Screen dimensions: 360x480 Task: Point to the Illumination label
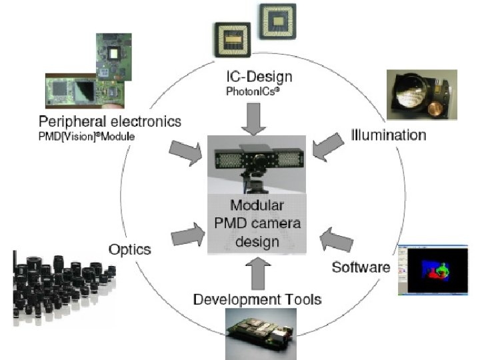point(389,135)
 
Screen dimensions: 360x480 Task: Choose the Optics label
point(129,250)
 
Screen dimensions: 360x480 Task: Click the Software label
point(361,267)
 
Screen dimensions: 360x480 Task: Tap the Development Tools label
point(257,299)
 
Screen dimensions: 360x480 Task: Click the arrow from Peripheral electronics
point(187,152)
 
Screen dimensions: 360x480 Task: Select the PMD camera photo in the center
point(257,163)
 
